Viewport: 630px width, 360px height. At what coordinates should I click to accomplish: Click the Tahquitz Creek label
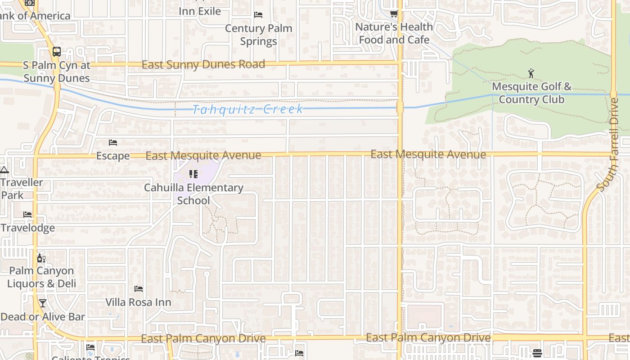point(247,109)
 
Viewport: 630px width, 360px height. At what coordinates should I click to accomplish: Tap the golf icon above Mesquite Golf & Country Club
point(531,73)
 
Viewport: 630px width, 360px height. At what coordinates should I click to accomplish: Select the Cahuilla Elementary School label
point(193,194)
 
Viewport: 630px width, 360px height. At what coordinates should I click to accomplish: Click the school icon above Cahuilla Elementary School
point(193,174)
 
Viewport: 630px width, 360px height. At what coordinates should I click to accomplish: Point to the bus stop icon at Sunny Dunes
point(56,52)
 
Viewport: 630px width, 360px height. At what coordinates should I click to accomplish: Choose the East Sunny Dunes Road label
point(203,65)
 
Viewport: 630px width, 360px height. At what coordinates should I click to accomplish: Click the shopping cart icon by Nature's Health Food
point(394,14)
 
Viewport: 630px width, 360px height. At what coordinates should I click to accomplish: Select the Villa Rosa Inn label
point(138,302)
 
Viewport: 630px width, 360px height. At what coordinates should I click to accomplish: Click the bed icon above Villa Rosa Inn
point(139,288)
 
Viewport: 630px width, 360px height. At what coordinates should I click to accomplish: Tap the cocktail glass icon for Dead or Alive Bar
point(43,303)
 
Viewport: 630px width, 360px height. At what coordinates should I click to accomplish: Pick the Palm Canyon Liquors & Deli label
point(41,277)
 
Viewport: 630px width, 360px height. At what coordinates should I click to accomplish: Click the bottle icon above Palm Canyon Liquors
point(41,258)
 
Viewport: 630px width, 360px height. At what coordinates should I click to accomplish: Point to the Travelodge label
point(27,228)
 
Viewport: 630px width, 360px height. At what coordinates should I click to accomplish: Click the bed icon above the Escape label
point(113,143)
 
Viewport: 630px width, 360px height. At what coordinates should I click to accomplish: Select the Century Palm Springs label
point(258,35)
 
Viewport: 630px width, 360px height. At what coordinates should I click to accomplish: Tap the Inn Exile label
point(200,11)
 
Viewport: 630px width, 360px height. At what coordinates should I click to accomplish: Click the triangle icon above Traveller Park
point(4,170)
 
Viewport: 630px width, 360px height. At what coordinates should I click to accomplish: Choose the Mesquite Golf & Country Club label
point(531,93)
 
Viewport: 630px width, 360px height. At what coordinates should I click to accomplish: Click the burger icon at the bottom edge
point(537,352)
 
